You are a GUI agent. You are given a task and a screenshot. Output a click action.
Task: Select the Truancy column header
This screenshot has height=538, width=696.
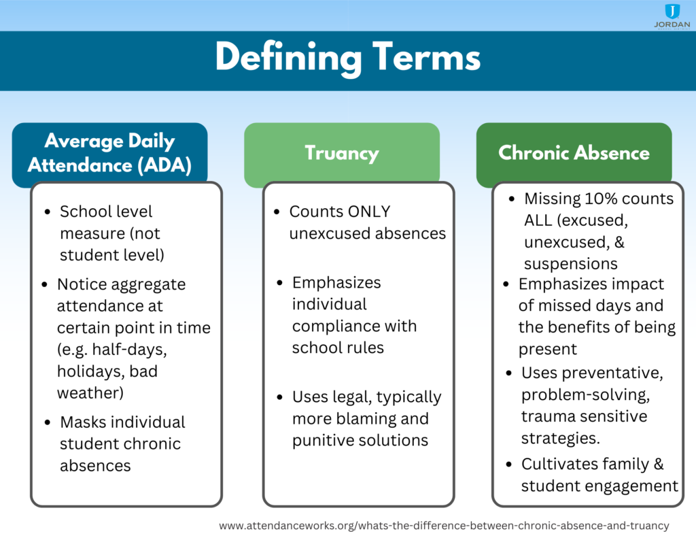(x=341, y=153)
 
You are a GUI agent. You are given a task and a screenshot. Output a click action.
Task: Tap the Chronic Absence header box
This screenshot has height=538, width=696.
(x=574, y=153)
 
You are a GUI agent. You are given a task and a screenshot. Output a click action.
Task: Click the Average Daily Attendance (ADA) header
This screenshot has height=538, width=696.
(x=109, y=153)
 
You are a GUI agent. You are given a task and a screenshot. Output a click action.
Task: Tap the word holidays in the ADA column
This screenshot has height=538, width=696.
(x=90, y=371)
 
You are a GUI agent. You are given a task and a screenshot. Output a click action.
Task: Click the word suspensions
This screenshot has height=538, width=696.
(x=570, y=264)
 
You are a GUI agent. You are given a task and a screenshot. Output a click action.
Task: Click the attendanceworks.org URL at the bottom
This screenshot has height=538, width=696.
(x=444, y=525)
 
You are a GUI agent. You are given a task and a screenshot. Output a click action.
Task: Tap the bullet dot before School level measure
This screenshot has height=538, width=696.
(x=47, y=212)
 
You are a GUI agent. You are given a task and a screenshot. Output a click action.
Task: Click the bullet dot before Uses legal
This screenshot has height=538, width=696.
(x=280, y=397)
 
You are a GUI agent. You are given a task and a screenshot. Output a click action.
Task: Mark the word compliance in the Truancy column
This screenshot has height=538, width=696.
(x=335, y=326)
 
